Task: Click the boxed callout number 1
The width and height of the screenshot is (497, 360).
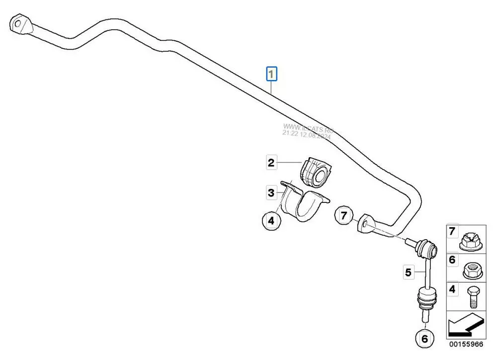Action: point(271,75)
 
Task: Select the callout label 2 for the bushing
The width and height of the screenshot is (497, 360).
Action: point(271,162)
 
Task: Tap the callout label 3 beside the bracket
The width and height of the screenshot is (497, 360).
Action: point(271,192)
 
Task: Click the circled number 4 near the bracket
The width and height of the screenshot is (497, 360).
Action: point(271,220)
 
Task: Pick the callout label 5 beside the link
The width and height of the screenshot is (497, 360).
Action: point(408,272)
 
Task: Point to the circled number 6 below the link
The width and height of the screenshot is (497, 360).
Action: point(424,339)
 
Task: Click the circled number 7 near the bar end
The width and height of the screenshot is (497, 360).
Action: point(343,216)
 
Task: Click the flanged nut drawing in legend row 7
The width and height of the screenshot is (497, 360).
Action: point(470,241)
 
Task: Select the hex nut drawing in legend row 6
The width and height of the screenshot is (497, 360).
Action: point(470,270)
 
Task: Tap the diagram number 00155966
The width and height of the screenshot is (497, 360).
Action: point(466,344)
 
